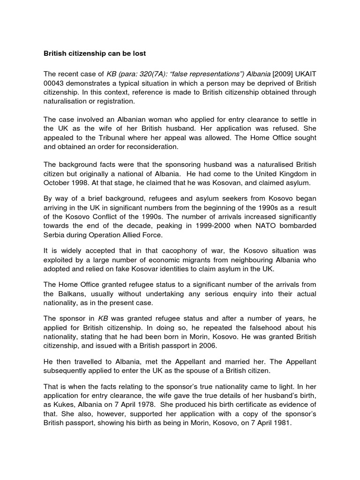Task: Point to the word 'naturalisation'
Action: (67, 101)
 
